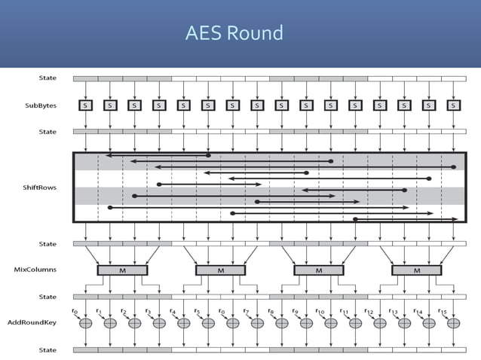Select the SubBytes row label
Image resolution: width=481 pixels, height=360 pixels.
tap(41, 105)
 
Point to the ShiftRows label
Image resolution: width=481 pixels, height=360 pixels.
tap(41, 187)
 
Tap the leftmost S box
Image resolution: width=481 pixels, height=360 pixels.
tap(85, 105)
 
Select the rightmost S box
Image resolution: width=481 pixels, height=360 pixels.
tap(453, 105)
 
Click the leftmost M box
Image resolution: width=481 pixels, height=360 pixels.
tap(122, 270)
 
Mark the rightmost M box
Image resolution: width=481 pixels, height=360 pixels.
tap(417, 270)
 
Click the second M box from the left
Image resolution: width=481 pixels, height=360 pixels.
tap(220, 270)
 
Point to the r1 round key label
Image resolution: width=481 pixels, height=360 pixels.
tap(99, 310)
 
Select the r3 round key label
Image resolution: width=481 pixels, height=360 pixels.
tap(148, 310)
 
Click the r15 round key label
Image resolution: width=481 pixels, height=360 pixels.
tap(443, 311)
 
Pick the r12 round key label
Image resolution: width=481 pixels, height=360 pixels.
tap(369, 311)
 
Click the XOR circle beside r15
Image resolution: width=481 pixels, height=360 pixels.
tap(453, 322)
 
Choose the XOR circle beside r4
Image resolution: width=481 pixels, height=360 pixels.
tap(183, 322)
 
